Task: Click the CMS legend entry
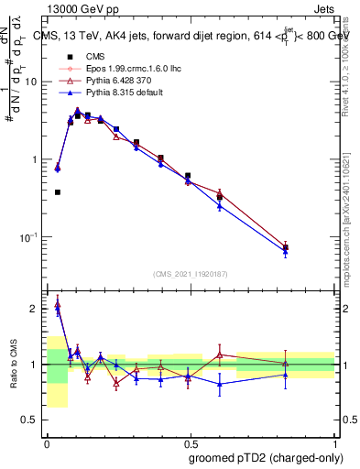tap(82, 56)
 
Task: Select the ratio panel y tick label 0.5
tap(31, 420)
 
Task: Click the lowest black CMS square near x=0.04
tap(58, 192)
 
